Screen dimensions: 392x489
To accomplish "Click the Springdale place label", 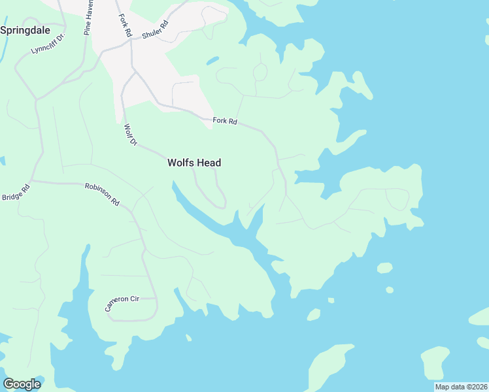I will (x=24, y=30).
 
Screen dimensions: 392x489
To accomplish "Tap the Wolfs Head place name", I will (x=194, y=163).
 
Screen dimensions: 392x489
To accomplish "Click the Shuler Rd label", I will (x=156, y=29).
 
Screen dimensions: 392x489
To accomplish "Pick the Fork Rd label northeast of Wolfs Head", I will (x=225, y=121).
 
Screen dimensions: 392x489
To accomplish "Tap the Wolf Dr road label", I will (x=130, y=135).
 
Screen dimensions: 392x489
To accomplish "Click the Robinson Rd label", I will (x=102, y=194).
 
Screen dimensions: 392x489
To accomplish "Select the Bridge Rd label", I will (x=16, y=193).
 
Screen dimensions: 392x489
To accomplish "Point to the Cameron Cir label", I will (x=123, y=302).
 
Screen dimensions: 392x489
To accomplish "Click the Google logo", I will (x=22, y=384).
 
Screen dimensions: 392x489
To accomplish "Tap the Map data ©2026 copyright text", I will (x=461, y=387).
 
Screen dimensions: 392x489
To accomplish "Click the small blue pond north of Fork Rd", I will (x=212, y=61).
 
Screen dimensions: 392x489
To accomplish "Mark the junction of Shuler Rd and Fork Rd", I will (x=131, y=39).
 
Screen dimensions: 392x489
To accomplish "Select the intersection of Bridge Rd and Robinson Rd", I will (x=31, y=181).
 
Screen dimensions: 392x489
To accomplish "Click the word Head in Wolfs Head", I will (x=209, y=163).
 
